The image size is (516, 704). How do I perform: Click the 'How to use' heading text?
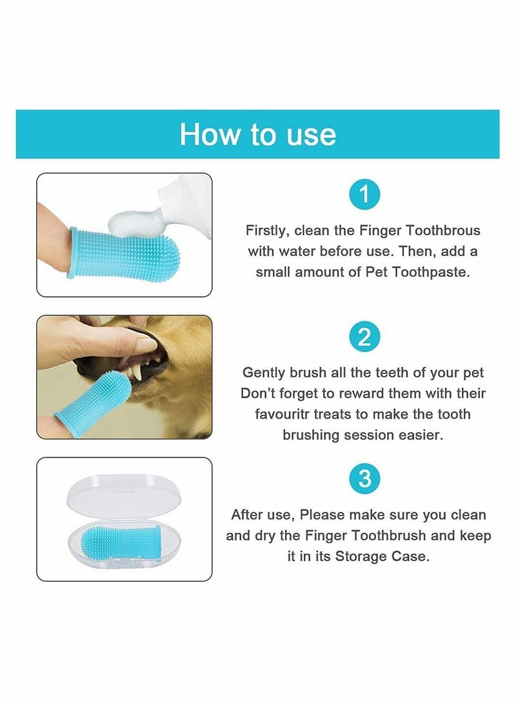point(257,134)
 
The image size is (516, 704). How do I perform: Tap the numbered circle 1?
point(364,194)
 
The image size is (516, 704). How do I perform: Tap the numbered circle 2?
point(364,337)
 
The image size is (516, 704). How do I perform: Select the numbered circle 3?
point(364,479)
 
